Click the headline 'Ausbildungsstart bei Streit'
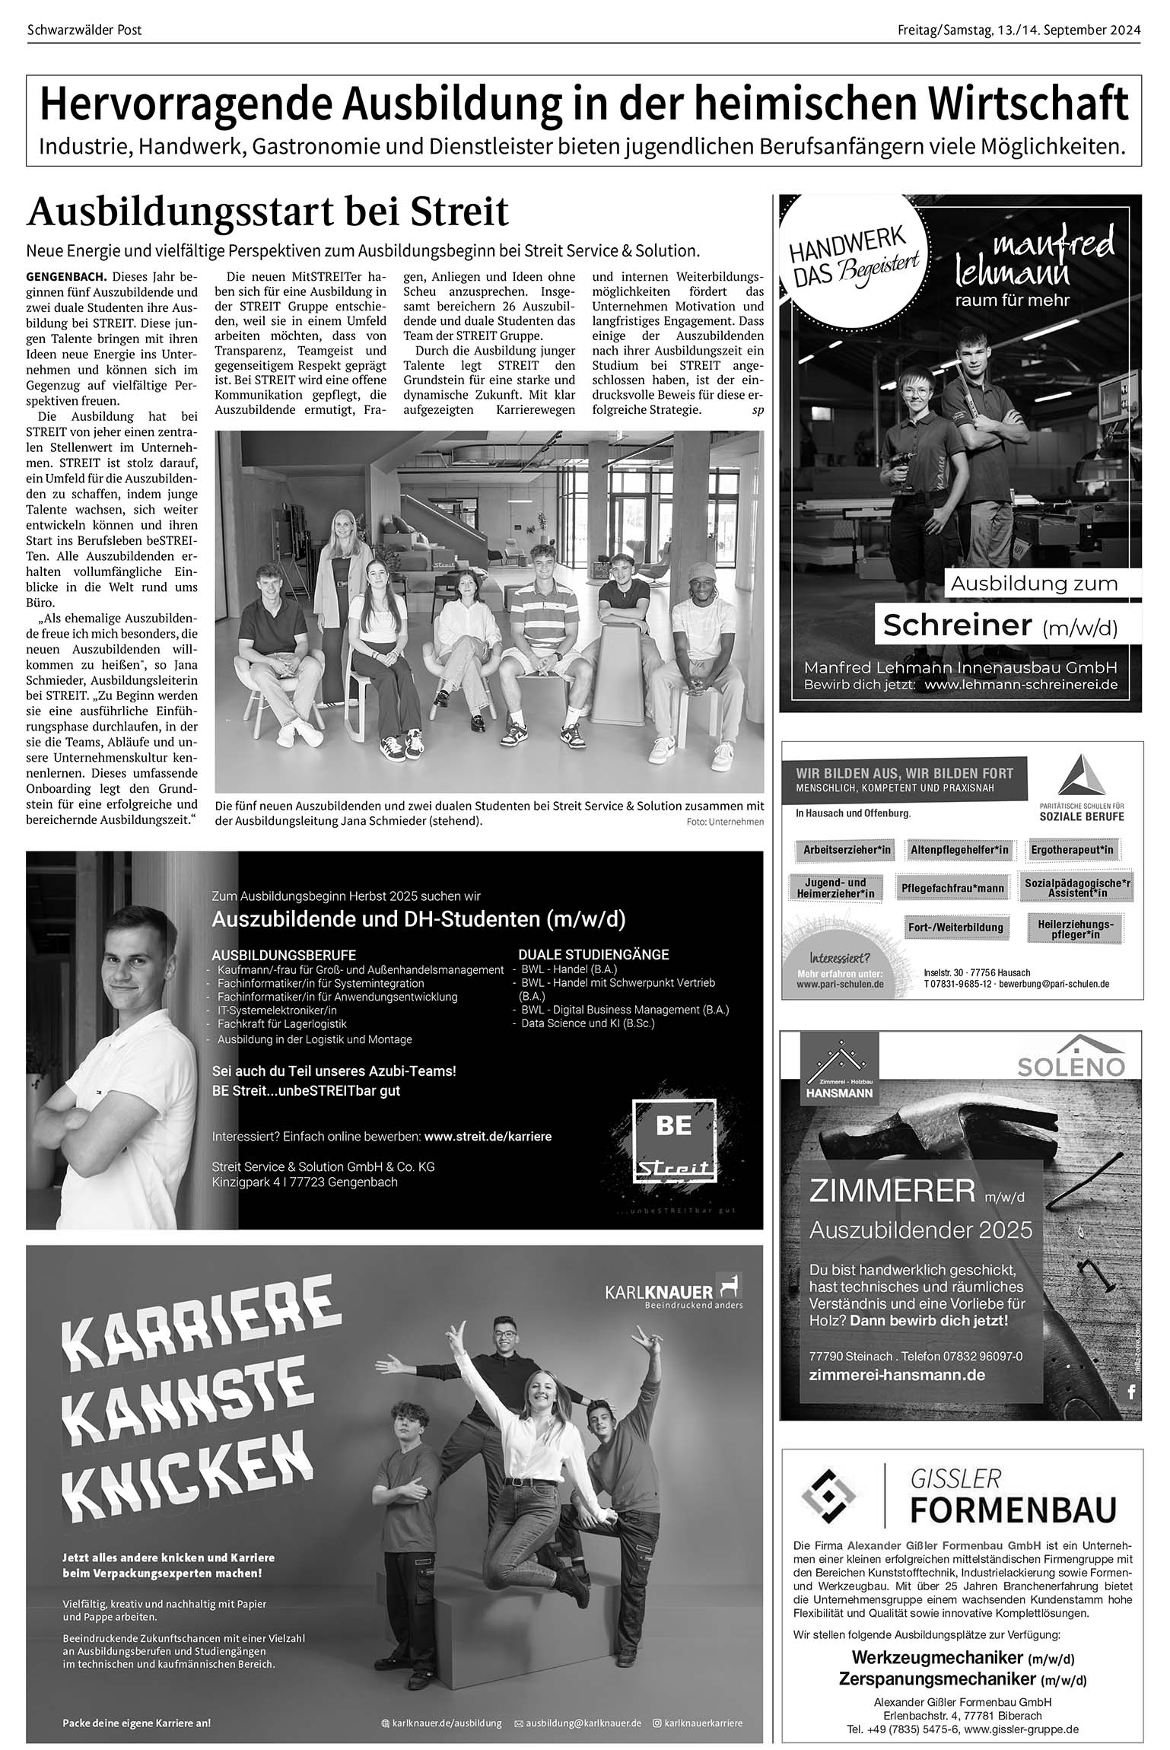coord(267,213)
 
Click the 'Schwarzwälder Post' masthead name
coord(84,30)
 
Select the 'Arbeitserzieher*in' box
coord(847,850)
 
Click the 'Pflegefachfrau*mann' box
coord(952,888)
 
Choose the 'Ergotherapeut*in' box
coord(1072,850)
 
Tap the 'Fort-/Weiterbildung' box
coord(955,928)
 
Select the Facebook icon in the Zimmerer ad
coord(1130,1392)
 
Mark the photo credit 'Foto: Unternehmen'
coord(724,822)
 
